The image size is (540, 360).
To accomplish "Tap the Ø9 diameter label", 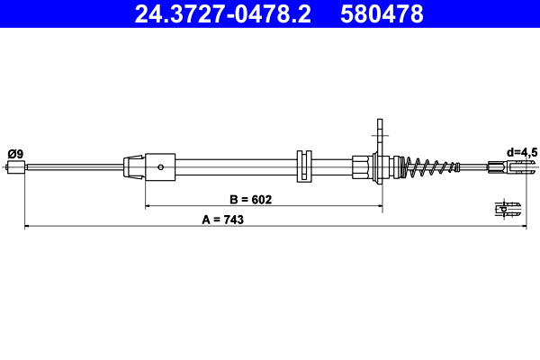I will [15, 153].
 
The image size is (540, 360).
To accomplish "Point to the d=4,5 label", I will [522, 153].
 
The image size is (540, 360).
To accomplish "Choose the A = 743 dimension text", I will [217, 219].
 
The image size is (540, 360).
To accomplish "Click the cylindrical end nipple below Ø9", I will [16, 166].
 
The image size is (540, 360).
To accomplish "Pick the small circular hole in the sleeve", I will [159, 166].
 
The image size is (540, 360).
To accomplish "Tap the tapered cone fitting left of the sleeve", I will [133, 166].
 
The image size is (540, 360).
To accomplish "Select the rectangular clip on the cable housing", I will [303, 166].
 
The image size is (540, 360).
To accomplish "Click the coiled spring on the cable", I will [430, 166].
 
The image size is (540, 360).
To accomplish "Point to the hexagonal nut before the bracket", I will [362, 166].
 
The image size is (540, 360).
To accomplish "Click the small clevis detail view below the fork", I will [508, 209].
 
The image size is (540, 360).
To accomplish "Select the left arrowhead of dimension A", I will [27, 227].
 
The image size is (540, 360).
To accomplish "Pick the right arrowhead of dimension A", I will [521, 227].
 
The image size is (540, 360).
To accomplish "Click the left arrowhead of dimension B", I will [148, 207].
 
